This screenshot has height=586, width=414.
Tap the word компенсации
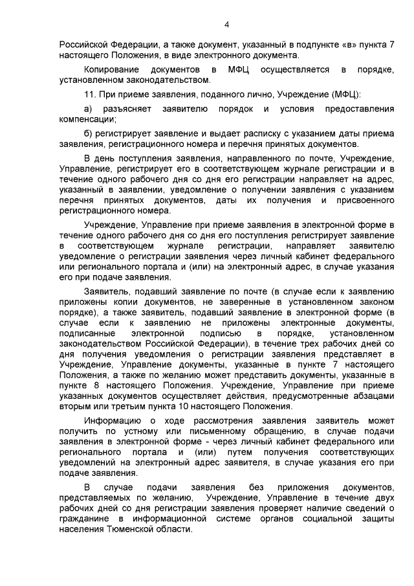pos(87,119)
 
